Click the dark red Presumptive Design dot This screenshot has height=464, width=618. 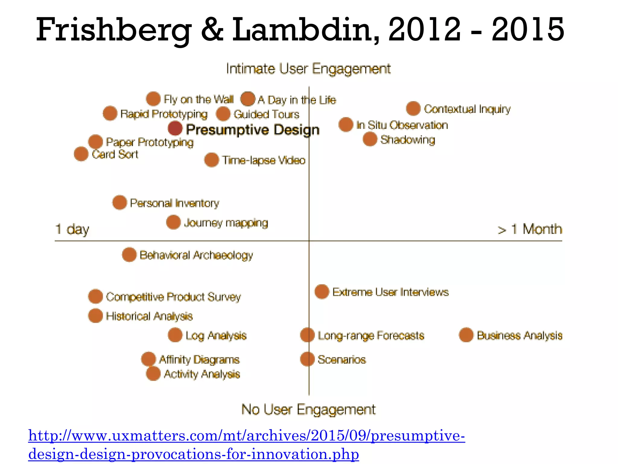click(x=175, y=128)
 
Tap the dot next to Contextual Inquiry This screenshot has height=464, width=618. click(x=413, y=108)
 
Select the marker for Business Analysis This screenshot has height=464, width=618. click(x=466, y=335)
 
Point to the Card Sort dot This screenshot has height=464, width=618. click(x=81, y=154)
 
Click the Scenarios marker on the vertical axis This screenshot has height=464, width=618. click(x=307, y=359)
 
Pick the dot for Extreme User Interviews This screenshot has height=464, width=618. click(x=322, y=292)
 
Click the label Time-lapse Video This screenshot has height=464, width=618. click(x=264, y=160)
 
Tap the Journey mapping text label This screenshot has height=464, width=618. click(x=226, y=223)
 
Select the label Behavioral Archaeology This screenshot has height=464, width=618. click(x=196, y=255)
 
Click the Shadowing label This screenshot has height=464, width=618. click(x=407, y=140)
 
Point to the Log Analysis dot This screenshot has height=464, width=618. click(x=175, y=335)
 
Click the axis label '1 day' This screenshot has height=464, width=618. click(x=72, y=229)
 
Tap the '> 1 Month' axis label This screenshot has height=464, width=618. click(x=530, y=229)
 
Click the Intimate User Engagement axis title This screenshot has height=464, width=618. click(x=308, y=69)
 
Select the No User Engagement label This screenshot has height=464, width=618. click(x=308, y=410)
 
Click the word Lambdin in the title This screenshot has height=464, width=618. click(x=305, y=29)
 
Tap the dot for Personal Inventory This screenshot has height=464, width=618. click(x=119, y=202)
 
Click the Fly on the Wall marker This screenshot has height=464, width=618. click(x=153, y=98)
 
